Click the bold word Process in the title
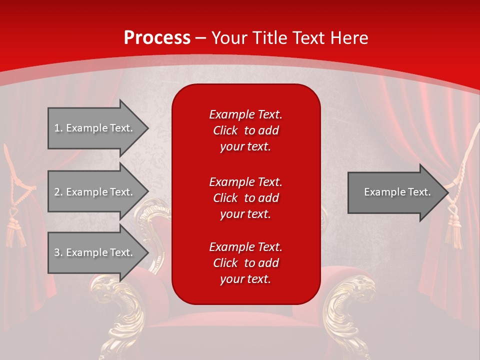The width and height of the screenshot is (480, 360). pyautogui.click(x=157, y=38)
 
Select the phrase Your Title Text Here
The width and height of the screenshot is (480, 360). pyautogui.click(x=289, y=38)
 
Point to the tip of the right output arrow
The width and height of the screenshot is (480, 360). pyautogui.click(x=447, y=192)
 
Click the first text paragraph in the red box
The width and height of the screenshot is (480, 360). pyautogui.click(x=245, y=130)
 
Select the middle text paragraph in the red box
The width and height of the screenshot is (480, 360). pyautogui.click(x=245, y=198)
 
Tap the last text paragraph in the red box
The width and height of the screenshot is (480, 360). pyautogui.click(x=245, y=263)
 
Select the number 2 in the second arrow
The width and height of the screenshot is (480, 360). pyautogui.click(x=57, y=192)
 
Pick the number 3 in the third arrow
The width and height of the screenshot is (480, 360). pyautogui.click(x=57, y=252)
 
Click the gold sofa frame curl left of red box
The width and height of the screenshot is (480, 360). pyautogui.click(x=155, y=225)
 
